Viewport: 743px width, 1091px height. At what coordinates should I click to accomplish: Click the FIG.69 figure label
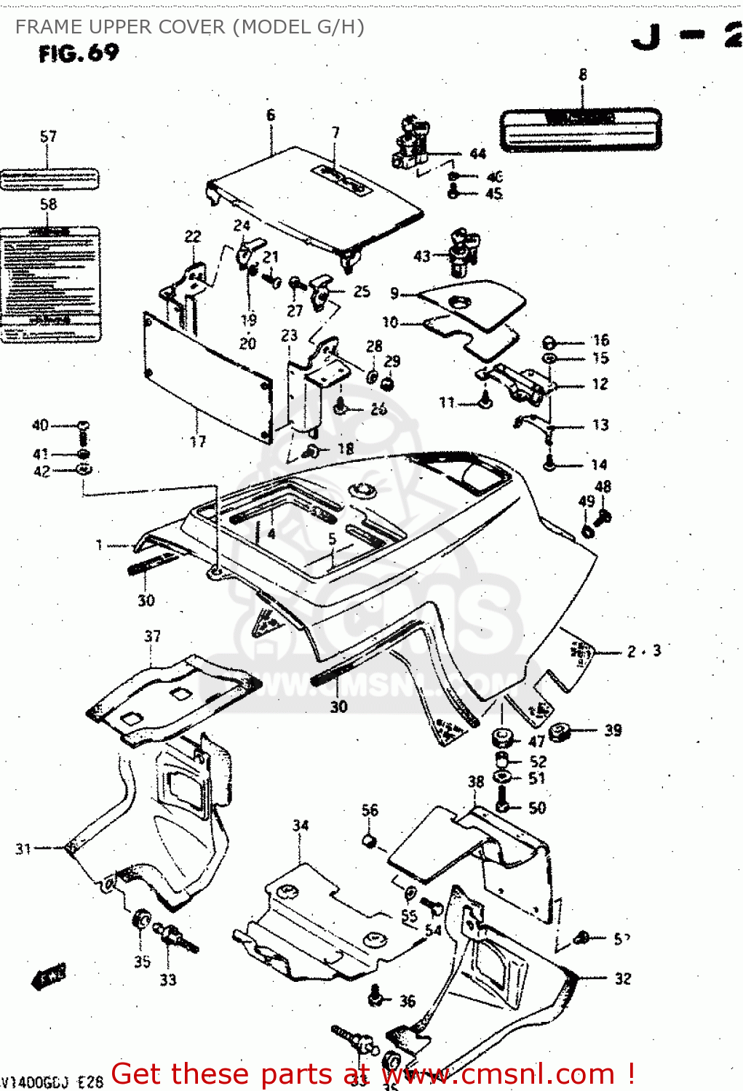pyautogui.click(x=79, y=53)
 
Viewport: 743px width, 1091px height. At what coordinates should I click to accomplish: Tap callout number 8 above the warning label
pyautogui.click(x=582, y=74)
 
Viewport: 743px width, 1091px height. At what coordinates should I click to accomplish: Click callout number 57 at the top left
pyautogui.click(x=48, y=137)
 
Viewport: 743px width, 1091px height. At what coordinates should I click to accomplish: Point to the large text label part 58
pyautogui.click(x=49, y=284)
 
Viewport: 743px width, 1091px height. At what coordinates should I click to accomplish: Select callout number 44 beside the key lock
pyautogui.click(x=477, y=153)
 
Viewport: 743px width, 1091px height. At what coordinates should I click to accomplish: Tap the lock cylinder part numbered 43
pyautogui.click(x=461, y=252)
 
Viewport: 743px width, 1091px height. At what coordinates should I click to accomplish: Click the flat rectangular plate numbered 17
pyautogui.click(x=207, y=378)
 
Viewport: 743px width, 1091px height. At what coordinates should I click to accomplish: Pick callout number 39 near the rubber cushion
pyautogui.click(x=613, y=730)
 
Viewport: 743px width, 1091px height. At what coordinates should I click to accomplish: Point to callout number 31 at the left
pyautogui.click(x=23, y=848)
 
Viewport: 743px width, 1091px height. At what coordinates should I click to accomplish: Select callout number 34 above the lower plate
pyautogui.click(x=301, y=826)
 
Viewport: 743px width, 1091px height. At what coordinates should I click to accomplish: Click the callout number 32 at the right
pyautogui.click(x=623, y=978)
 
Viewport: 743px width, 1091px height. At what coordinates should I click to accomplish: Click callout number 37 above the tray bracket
pyautogui.click(x=152, y=636)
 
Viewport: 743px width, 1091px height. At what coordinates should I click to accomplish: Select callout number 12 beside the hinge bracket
pyautogui.click(x=600, y=384)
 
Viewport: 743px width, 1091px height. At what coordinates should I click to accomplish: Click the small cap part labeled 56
pyautogui.click(x=369, y=842)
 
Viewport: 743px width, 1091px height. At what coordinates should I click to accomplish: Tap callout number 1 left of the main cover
pyautogui.click(x=100, y=545)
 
